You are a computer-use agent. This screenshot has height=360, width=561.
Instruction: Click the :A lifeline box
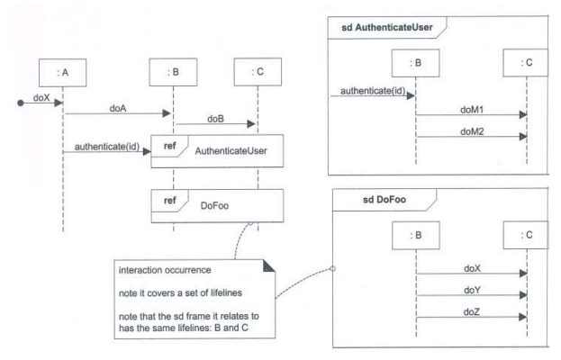[x=62, y=70]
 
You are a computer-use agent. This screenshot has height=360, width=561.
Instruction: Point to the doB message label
[x=215, y=119]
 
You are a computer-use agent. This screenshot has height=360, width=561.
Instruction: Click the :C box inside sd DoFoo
[x=527, y=235]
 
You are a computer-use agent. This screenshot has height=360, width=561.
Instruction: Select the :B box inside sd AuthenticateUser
[x=416, y=61]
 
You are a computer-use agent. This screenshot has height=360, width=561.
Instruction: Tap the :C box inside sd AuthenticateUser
[x=526, y=61]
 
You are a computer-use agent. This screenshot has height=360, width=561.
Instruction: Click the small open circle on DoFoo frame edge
[x=333, y=268]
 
